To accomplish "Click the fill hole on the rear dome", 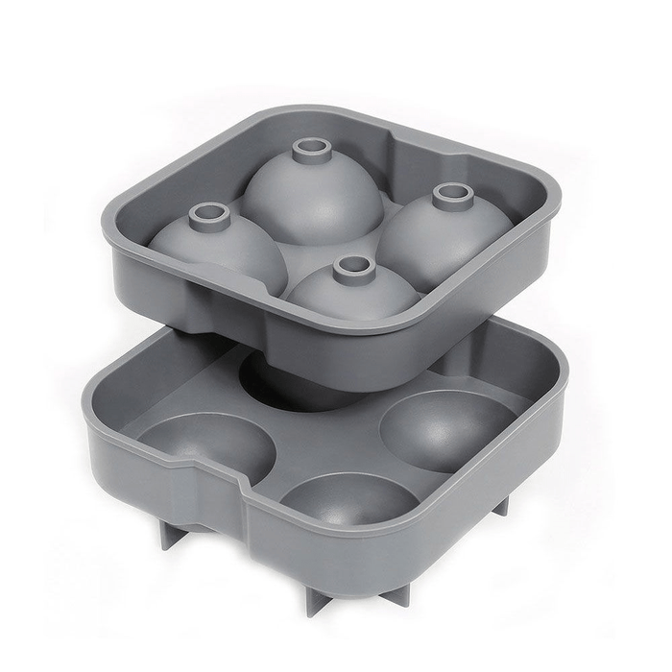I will pyautogui.click(x=311, y=148).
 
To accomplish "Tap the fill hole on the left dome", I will pyautogui.click(x=206, y=211).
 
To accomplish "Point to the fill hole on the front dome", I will pyautogui.click(x=354, y=265).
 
